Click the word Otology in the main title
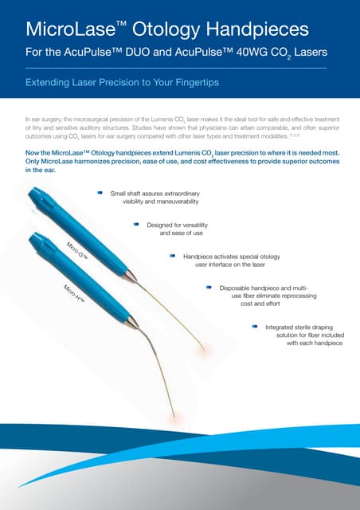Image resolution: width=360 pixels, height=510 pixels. (x=166, y=29)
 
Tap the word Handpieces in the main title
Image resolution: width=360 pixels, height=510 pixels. (x=257, y=29)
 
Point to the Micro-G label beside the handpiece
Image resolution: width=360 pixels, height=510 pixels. (x=77, y=251)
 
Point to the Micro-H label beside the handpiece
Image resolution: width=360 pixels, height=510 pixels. (x=74, y=293)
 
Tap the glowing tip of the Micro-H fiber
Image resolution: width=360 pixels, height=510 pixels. (x=174, y=418)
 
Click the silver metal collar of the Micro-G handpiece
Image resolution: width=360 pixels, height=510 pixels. (x=130, y=277)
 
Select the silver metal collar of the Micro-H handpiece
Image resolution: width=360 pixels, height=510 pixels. (x=132, y=322)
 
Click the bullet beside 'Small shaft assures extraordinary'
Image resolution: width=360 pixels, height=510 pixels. (x=100, y=193)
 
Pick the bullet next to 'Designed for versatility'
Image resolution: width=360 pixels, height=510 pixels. (x=136, y=225)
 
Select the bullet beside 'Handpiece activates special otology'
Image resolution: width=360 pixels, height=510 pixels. (x=173, y=256)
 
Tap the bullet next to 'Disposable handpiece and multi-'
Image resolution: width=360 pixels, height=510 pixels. (x=209, y=287)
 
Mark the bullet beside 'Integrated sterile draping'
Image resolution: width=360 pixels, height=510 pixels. (x=255, y=326)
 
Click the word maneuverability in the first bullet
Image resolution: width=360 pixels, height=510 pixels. (x=178, y=202)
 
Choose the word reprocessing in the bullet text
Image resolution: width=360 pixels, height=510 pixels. (x=298, y=296)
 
